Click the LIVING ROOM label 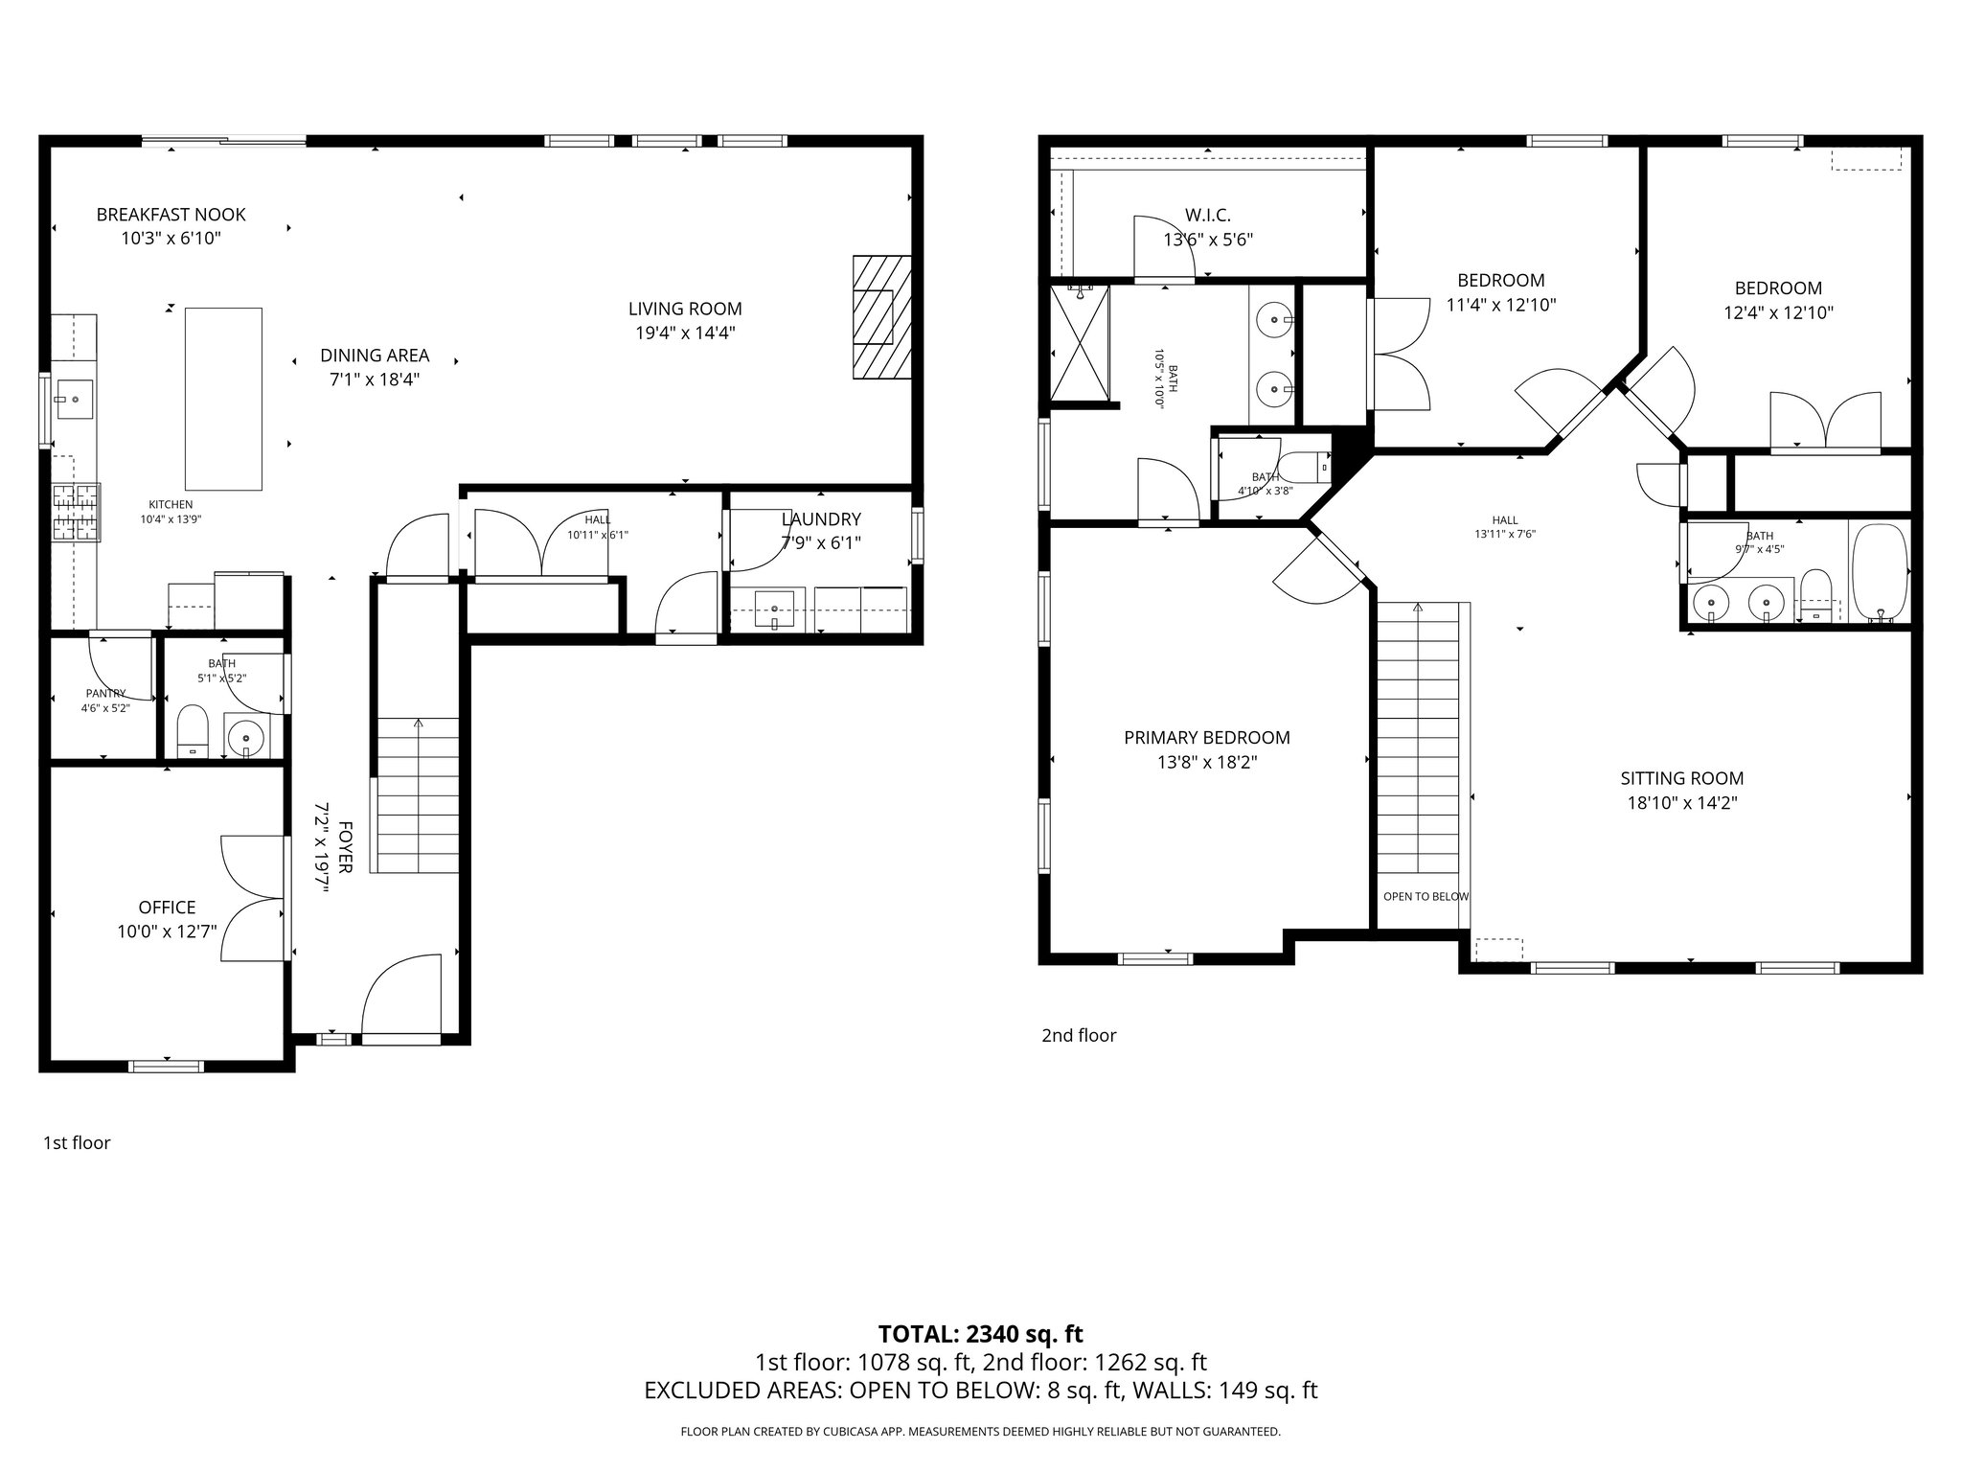[x=685, y=309]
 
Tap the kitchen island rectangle [x=223, y=399]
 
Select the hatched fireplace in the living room [x=881, y=317]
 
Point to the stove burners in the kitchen [x=76, y=512]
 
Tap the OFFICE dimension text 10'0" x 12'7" [x=167, y=931]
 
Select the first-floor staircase [x=418, y=794]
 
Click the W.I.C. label [x=1207, y=216]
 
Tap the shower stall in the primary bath [x=1080, y=344]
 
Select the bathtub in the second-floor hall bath [x=1881, y=573]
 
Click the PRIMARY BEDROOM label [x=1206, y=738]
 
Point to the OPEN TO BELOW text [x=1426, y=897]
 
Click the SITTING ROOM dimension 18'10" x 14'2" [x=1681, y=804]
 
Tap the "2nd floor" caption [x=1079, y=1035]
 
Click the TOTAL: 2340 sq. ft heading [x=980, y=1334]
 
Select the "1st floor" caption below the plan [x=77, y=1142]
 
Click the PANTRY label [x=105, y=693]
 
